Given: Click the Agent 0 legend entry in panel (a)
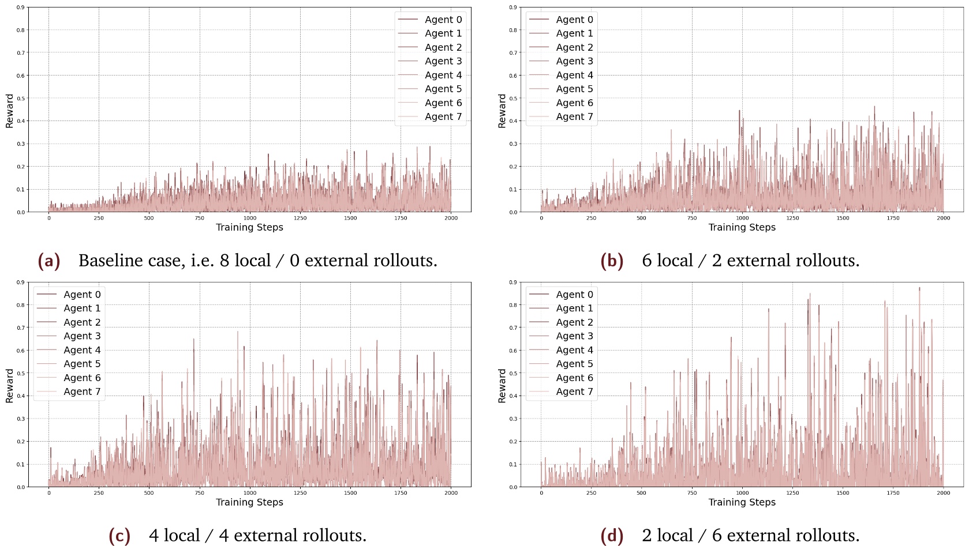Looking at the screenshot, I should (x=443, y=20).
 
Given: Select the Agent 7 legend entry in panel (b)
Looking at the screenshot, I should (x=574, y=117).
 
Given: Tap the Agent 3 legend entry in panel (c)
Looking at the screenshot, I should (x=81, y=336).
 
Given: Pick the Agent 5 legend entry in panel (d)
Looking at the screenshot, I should (x=574, y=364).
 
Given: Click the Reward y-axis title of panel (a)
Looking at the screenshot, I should (x=9, y=111).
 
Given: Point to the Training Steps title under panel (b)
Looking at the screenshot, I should (x=742, y=228).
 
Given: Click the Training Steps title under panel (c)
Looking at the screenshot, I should (x=249, y=503).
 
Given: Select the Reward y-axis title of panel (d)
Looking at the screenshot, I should (x=502, y=386).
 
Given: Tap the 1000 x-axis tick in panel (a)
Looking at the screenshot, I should (x=250, y=219).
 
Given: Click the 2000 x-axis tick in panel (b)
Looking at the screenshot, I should (x=943, y=219).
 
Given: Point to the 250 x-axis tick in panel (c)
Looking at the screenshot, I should (x=99, y=494).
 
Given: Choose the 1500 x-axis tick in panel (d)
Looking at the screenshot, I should (x=843, y=494).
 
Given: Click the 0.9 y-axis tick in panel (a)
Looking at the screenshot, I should (x=20, y=7).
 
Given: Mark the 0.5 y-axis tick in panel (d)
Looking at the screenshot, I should (x=513, y=374).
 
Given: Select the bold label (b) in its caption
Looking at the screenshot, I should (x=612, y=261).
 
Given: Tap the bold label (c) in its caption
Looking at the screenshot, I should (x=119, y=536).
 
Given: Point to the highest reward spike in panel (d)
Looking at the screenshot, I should (x=919, y=288).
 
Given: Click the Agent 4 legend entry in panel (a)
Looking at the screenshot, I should (x=443, y=75).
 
